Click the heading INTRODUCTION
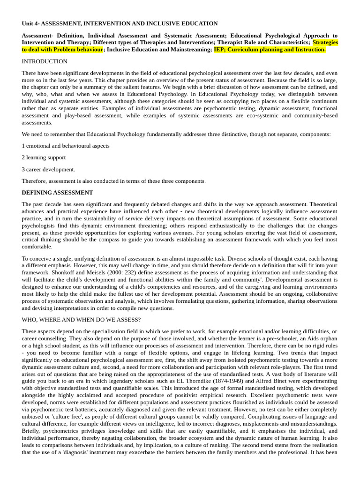pyautogui.click(x=45, y=61)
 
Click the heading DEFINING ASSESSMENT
pyautogui.click(x=57, y=193)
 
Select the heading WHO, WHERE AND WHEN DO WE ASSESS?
pyautogui.click(x=81, y=320)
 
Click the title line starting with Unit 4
pyautogui.click(x=120, y=23)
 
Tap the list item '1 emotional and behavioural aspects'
pyautogui.click(x=66, y=146)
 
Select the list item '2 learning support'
pyautogui.click(x=44, y=157)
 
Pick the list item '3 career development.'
pyautogui.click(x=48, y=169)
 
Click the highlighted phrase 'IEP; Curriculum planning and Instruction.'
pyautogui.click(x=270, y=49)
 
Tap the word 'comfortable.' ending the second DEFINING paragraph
pyautogui.click(x=37, y=247)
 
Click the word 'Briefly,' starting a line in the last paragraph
pyautogui.click(x=32, y=431)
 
